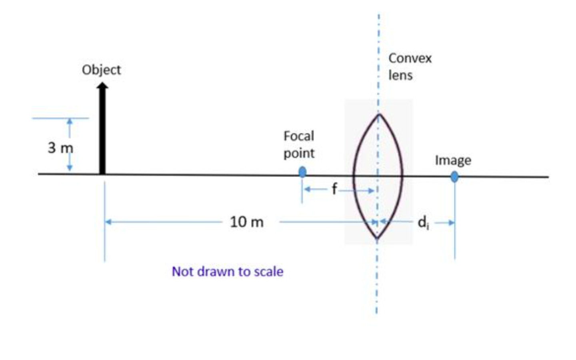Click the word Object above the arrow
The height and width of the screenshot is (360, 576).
(101, 70)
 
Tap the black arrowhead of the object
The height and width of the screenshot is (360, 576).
(103, 86)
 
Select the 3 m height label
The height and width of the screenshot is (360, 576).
(60, 148)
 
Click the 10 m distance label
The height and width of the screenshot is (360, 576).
(246, 222)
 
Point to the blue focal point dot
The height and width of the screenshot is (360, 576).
(302, 172)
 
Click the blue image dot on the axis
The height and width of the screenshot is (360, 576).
(454, 176)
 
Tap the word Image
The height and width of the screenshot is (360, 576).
(453, 160)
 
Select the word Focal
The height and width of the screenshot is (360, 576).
(299, 136)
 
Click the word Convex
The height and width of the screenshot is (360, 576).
(410, 58)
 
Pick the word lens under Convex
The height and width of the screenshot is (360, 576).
(400, 75)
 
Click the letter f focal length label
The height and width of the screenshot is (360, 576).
(334, 188)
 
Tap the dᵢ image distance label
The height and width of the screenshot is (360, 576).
(423, 222)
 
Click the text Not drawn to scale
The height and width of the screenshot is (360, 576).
(228, 272)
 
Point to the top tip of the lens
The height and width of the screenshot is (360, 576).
(379, 115)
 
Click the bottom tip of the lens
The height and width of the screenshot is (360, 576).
(377, 238)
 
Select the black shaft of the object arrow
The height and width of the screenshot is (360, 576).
(102, 132)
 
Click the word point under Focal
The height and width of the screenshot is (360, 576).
(299, 153)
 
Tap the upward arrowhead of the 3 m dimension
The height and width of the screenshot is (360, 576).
(70, 121)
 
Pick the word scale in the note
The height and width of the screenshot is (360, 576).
(269, 272)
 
